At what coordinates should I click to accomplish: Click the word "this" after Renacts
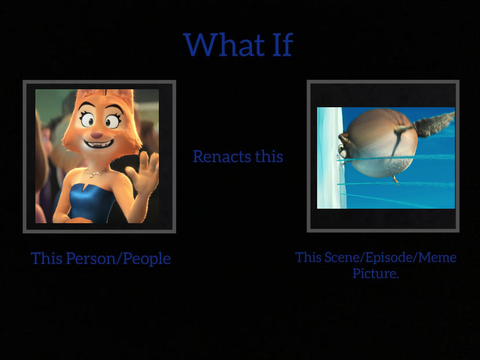pyautogui.click(x=269, y=157)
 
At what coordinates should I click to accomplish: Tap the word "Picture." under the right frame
pyautogui.click(x=376, y=273)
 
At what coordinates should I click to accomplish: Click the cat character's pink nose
pyautogui.click(x=96, y=134)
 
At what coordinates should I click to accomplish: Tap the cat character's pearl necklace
pyautogui.click(x=94, y=172)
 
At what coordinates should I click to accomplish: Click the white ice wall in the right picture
pyautogui.click(x=328, y=157)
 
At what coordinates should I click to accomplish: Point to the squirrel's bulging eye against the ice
pyautogui.click(x=344, y=139)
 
